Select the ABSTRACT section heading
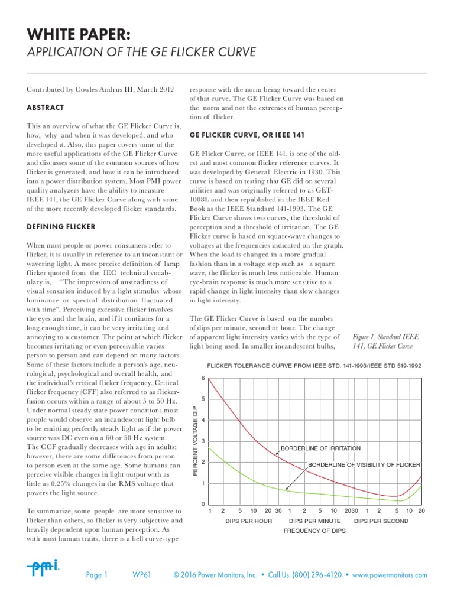tap(46, 108)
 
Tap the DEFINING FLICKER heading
tap(61, 227)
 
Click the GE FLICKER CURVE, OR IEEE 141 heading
tap(247, 135)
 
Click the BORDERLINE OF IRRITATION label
tap(320, 448)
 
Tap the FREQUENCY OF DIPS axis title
tap(314, 531)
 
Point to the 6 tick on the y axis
tap(203, 378)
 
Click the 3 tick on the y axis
tap(203, 441)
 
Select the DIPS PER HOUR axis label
tap(248, 521)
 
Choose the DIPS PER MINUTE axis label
tap(314, 521)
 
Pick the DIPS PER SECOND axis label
tap(381, 521)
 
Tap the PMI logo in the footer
tap(43, 568)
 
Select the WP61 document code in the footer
tap(142, 574)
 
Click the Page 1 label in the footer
tap(97, 574)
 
